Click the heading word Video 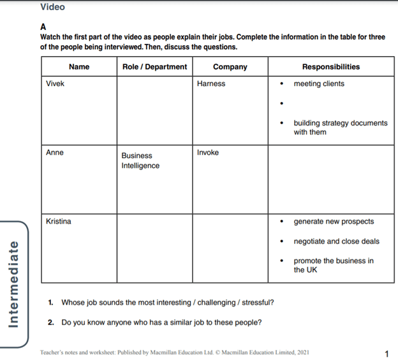(52, 7)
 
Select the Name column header (79, 67)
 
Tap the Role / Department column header (154, 67)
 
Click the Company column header (230, 67)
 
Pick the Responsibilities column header (330, 67)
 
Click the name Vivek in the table (55, 83)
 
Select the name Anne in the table (55, 153)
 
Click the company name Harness (211, 83)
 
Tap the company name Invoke (208, 153)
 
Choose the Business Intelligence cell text (140, 161)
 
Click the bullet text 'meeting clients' (319, 83)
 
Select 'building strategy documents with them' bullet (339, 127)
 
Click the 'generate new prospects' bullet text (334, 222)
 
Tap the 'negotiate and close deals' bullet (336, 241)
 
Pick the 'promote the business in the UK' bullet (333, 265)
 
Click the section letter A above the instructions (43, 27)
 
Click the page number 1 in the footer (387, 354)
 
